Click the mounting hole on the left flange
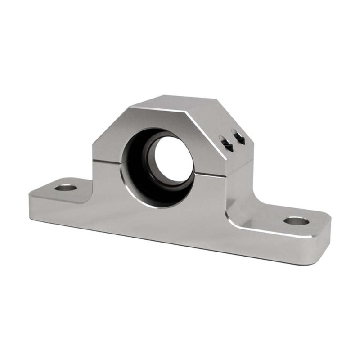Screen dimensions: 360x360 (65, 187)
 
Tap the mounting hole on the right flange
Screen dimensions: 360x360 (296, 221)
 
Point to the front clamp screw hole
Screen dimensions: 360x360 (227, 145)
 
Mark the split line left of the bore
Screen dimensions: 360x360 (108, 161)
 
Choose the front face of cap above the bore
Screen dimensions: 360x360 (162, 119)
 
